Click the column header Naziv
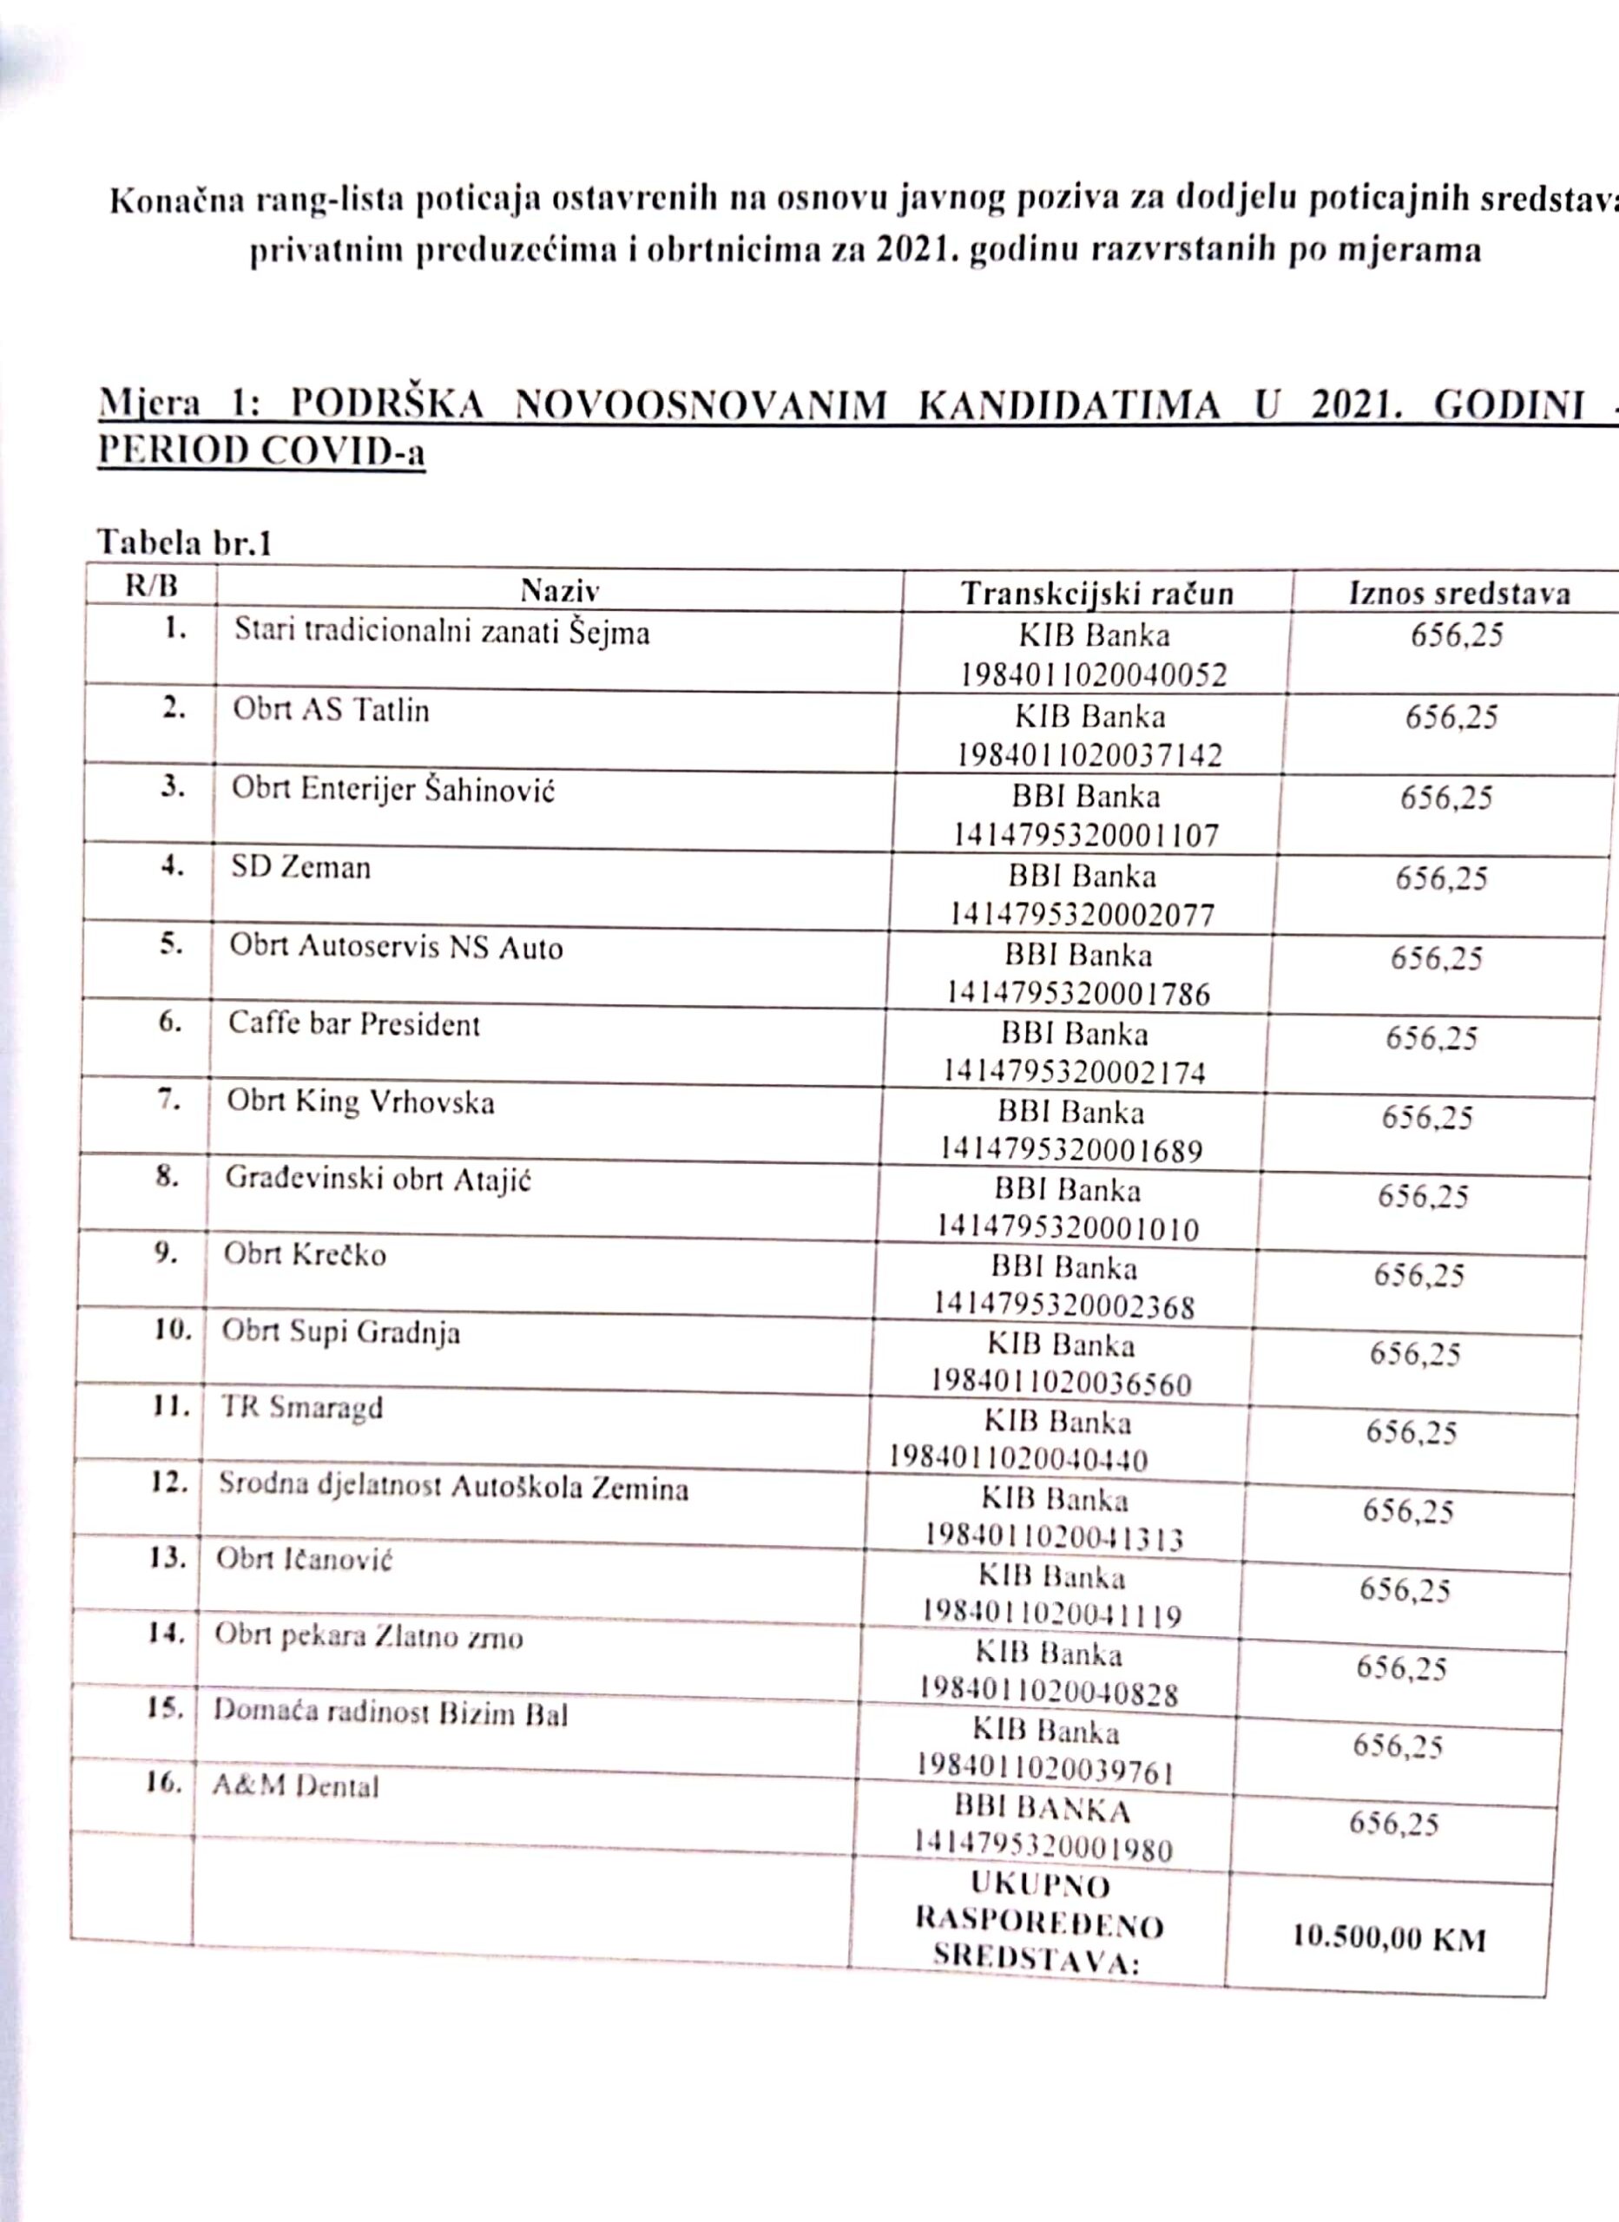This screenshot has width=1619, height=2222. tap(560, 590)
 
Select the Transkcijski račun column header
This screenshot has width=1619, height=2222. tap(1096, 593)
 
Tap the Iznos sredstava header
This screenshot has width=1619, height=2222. tap(1459, 592)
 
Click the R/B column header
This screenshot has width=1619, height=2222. tap(152, 586)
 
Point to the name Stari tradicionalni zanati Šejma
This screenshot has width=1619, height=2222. tap(441, 633)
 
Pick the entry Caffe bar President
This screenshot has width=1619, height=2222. tap(354, 1025)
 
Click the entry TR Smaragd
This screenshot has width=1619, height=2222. tap(301, 1408)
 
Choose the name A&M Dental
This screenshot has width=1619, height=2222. tap(295, 1786)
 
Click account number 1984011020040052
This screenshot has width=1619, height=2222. tap(1093, 675)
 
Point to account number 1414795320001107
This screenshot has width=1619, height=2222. tap(1086, 835)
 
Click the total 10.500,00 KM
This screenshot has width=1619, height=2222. tap(1389, 1938)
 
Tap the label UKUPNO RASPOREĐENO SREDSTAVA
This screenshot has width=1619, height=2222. tap(1039, 1925)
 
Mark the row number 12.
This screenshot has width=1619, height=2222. tap(169, 1482)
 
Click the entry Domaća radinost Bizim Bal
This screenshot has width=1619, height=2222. tap(390, 1713)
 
